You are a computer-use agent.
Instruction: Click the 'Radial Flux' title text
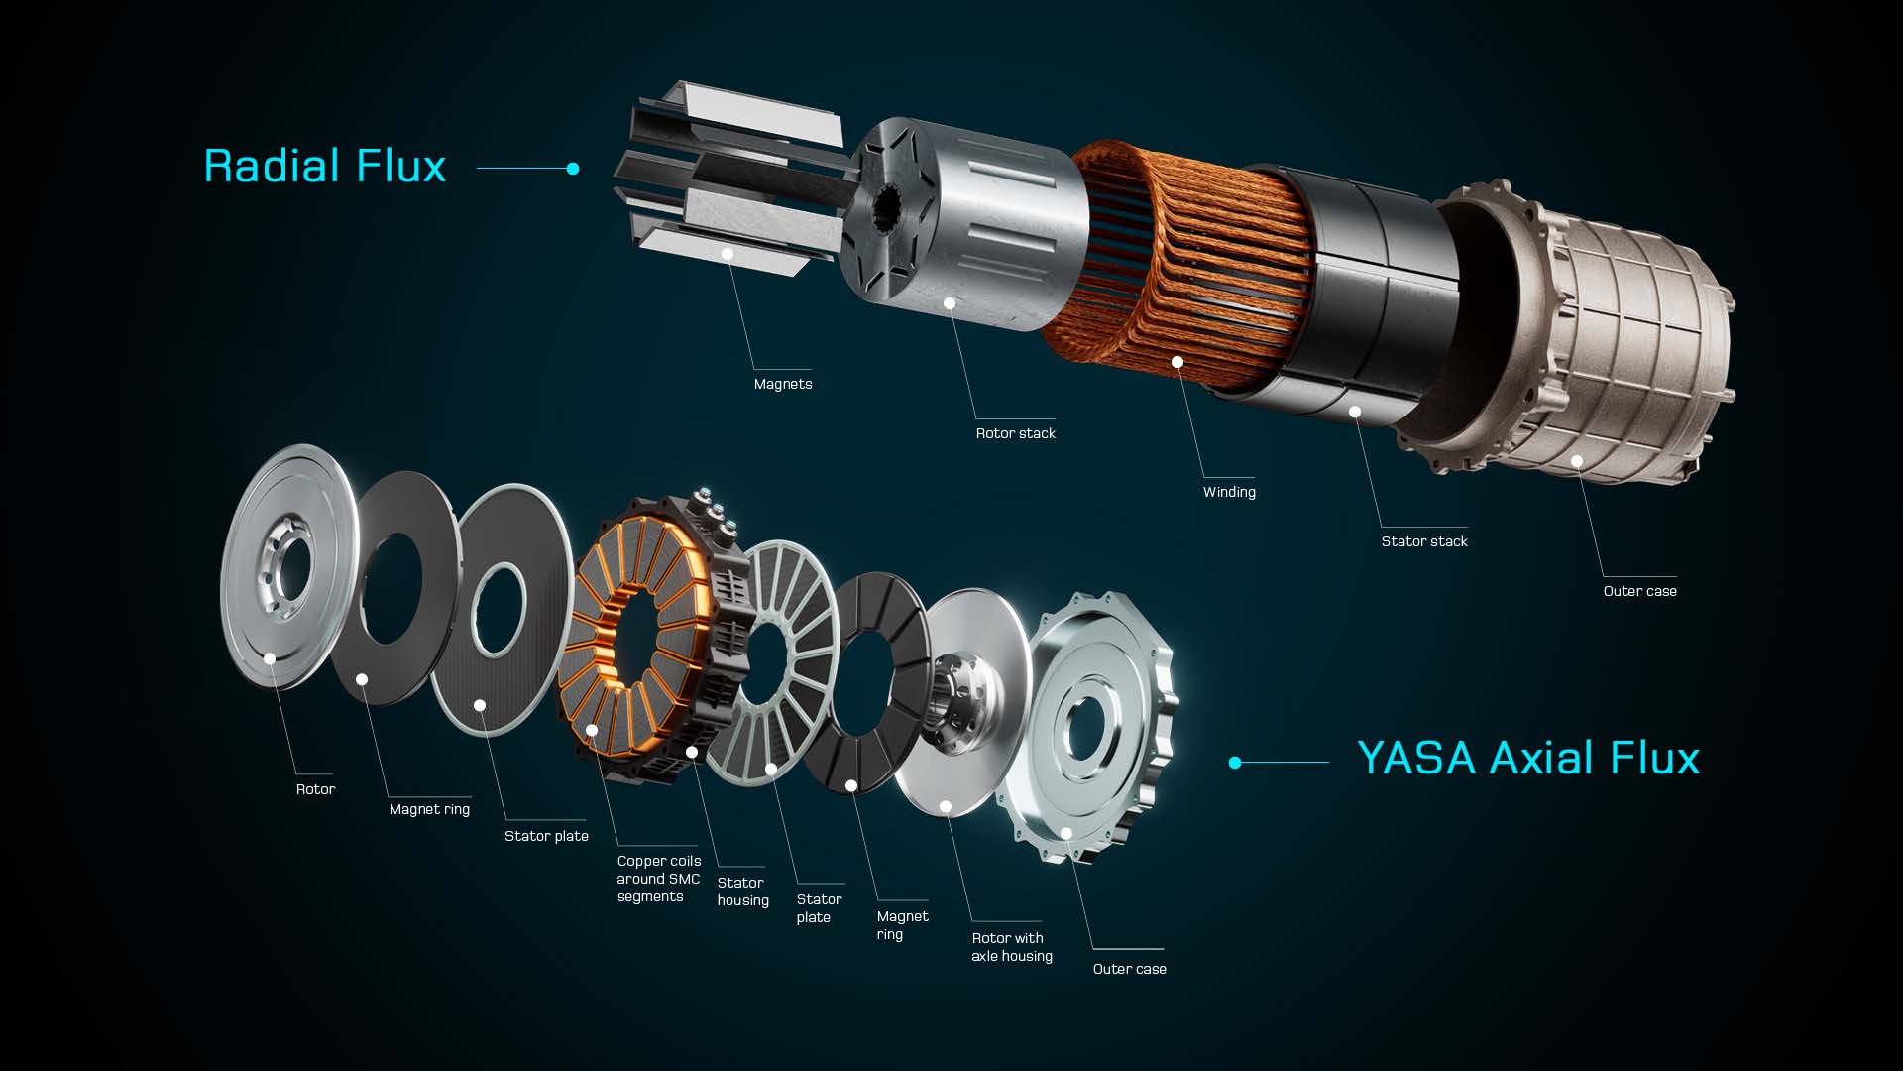tap(325, 166)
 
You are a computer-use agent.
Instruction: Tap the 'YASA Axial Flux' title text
tap(1528, 759)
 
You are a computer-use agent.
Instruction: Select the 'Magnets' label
tap(783, 384)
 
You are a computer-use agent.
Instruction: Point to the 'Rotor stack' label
tap(1016, 433)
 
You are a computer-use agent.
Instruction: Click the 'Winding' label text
tap(1229, 492)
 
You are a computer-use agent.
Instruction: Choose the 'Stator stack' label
tap(1424, 541)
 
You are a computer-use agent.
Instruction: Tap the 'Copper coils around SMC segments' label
tap(658, 879)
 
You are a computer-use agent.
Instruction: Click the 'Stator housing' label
tap(742, 892)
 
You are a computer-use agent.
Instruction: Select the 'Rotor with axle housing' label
tap(1012, 947)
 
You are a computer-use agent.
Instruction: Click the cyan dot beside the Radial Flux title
tap(573, 169)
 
